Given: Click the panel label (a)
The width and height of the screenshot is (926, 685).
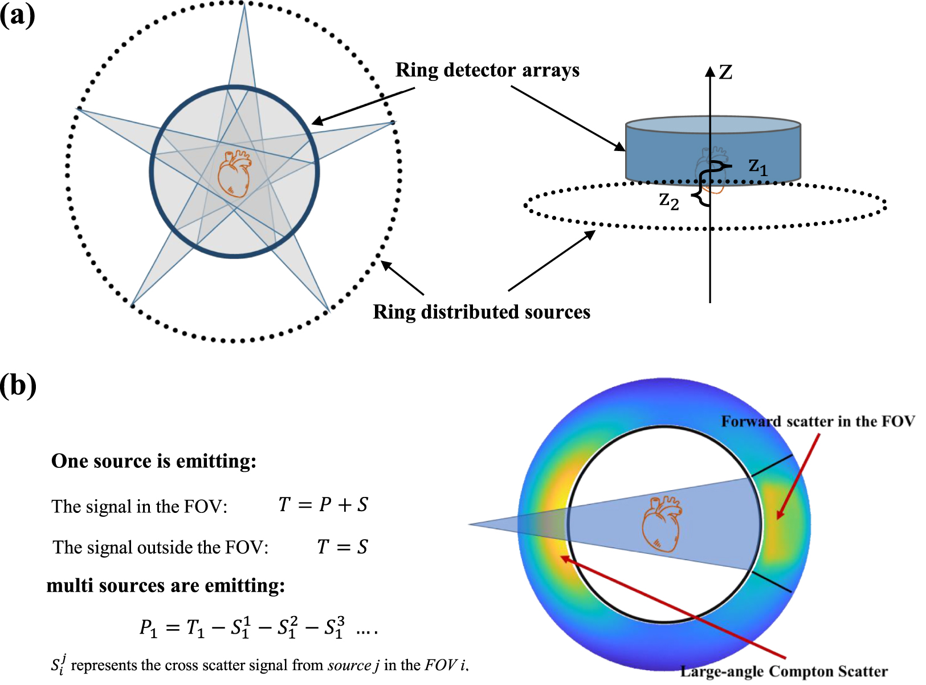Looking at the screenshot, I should (18, 15).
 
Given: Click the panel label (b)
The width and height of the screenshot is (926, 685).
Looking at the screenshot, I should (18, 385).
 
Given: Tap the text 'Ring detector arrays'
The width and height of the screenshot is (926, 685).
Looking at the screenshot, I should (487, 70).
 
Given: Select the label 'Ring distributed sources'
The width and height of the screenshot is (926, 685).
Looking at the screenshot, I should (482, 312).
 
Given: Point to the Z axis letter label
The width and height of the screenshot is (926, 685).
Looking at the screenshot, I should (725, 72).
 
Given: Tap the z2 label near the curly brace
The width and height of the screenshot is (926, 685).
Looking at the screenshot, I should (669, 201).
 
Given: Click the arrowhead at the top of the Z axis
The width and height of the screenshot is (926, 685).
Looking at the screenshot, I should (710, 71).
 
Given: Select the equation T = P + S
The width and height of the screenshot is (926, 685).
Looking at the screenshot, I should (323, 505).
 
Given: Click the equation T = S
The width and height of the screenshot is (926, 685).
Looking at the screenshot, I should (342, 547).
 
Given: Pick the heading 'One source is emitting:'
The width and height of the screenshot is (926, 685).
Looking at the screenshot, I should (154, 461).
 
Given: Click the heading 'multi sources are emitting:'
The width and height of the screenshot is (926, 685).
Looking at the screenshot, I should (166, 586).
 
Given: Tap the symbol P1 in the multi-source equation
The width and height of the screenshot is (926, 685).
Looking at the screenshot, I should (148, 628).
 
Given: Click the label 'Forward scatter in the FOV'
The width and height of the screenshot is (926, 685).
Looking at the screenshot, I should (818, 422).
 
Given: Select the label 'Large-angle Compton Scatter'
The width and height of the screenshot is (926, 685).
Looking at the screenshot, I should (784, 671).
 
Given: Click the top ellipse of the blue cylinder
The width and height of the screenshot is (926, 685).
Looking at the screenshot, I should (713, 125).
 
